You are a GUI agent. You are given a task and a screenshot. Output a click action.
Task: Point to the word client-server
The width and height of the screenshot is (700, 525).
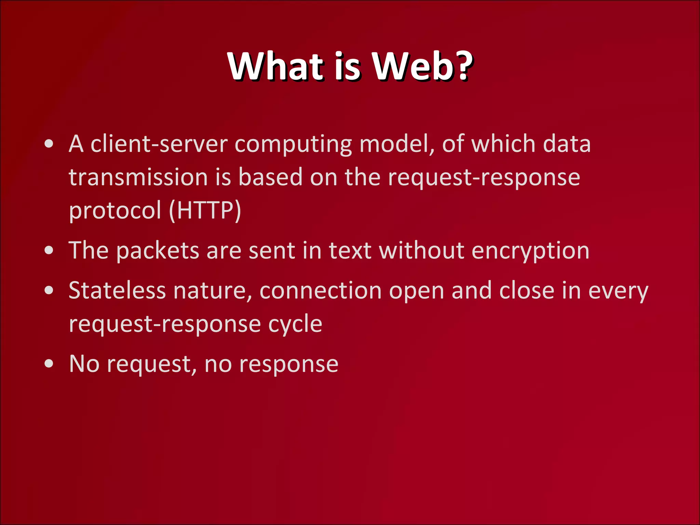159,144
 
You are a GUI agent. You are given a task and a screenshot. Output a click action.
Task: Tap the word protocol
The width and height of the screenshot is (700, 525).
115,211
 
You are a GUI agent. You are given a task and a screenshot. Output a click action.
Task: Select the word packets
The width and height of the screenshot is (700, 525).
158,251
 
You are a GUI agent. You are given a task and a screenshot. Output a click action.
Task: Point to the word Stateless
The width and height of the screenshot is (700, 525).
117,291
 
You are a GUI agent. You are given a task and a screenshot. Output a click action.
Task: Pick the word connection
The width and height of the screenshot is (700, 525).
320,291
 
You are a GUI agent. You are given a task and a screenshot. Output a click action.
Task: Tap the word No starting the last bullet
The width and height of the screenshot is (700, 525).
84,364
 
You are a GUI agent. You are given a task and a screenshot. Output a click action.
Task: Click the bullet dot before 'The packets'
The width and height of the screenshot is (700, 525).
49,251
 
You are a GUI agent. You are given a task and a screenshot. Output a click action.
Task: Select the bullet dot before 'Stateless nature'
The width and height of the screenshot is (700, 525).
49,291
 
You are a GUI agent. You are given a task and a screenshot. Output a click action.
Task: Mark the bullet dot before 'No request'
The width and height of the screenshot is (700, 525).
49,364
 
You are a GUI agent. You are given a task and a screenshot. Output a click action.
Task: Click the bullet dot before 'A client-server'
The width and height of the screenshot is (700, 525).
49,144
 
